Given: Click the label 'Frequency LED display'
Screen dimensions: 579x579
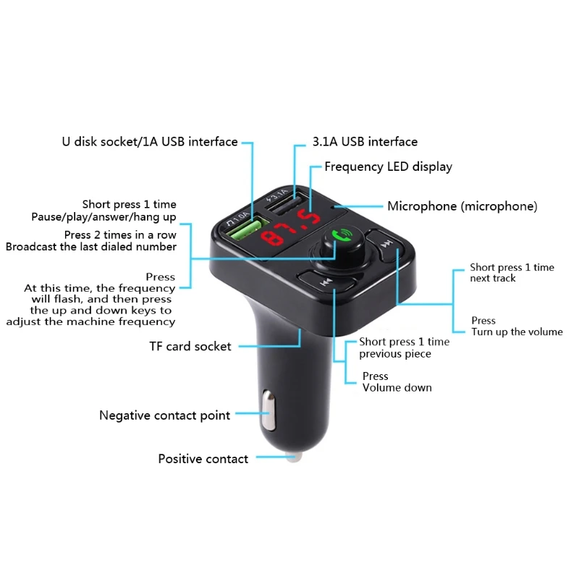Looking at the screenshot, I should (388, 166).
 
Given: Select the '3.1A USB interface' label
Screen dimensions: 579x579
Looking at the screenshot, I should (365, 142).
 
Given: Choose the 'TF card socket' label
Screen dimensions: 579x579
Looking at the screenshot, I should (190, 346).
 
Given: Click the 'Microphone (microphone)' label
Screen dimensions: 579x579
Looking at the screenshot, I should (462, 206).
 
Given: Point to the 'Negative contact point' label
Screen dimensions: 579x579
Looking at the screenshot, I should (164, 415).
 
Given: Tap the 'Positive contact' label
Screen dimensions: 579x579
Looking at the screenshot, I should (203, 459).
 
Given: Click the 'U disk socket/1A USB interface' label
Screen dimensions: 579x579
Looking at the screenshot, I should (150, 142).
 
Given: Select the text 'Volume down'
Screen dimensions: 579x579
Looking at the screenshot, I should (397, 388).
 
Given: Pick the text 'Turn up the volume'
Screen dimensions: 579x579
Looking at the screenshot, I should (517, 332).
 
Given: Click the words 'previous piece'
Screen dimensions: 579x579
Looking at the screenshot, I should (394, 354).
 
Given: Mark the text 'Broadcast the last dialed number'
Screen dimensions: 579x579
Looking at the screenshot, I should (91, 247).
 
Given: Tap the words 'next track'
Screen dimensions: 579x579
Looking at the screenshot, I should (492, 279).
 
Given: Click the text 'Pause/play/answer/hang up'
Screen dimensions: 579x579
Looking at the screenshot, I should (103, 217).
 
